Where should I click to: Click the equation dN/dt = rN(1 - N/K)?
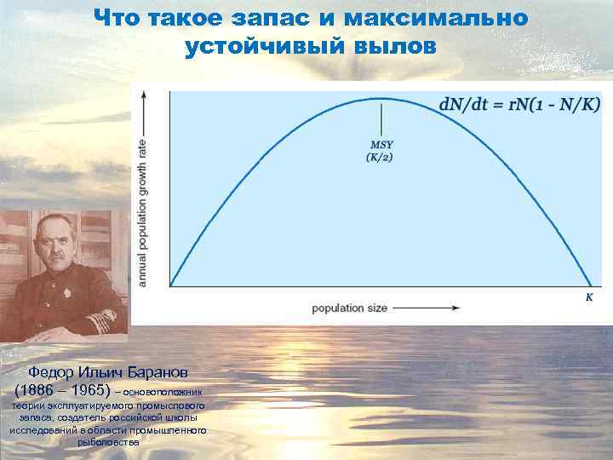(x=519, y=105)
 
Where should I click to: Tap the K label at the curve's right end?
(x=588, y=297)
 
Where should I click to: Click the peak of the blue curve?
(x=380, y=99)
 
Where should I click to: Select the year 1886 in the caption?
(x=40, y=389)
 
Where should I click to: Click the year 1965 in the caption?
(x=89, y=389)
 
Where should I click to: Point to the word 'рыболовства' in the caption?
(x=108, y=442)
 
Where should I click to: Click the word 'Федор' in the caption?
(x=50, y=372)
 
